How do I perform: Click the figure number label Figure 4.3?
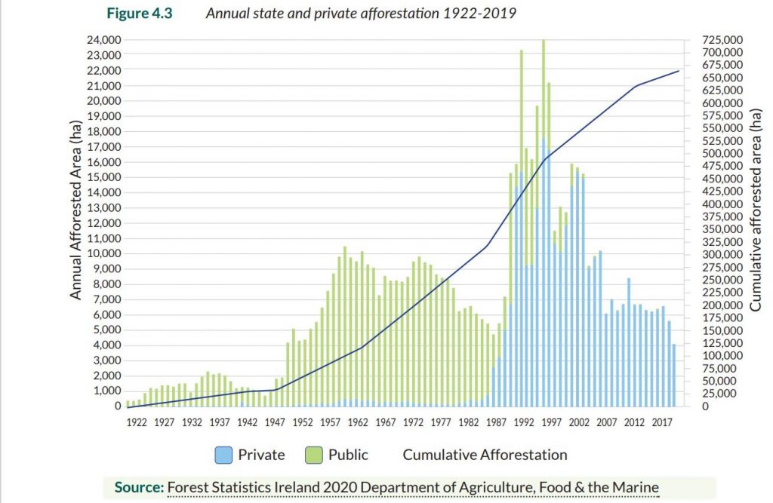(x=141, y=14)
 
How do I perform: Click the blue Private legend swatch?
(x=224, y=455)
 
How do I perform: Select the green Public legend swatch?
(x=314, y=455)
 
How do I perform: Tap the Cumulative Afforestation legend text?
(x=485, y=455)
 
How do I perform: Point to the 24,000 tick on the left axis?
(x=103, y=40)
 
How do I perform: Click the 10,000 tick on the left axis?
(x=103, y=253)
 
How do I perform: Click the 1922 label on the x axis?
(x=137, y=422)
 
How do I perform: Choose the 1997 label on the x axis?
(x=552, y=422)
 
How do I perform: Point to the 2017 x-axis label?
(x=663, y=422)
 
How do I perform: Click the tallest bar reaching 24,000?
(x=544, y=226)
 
